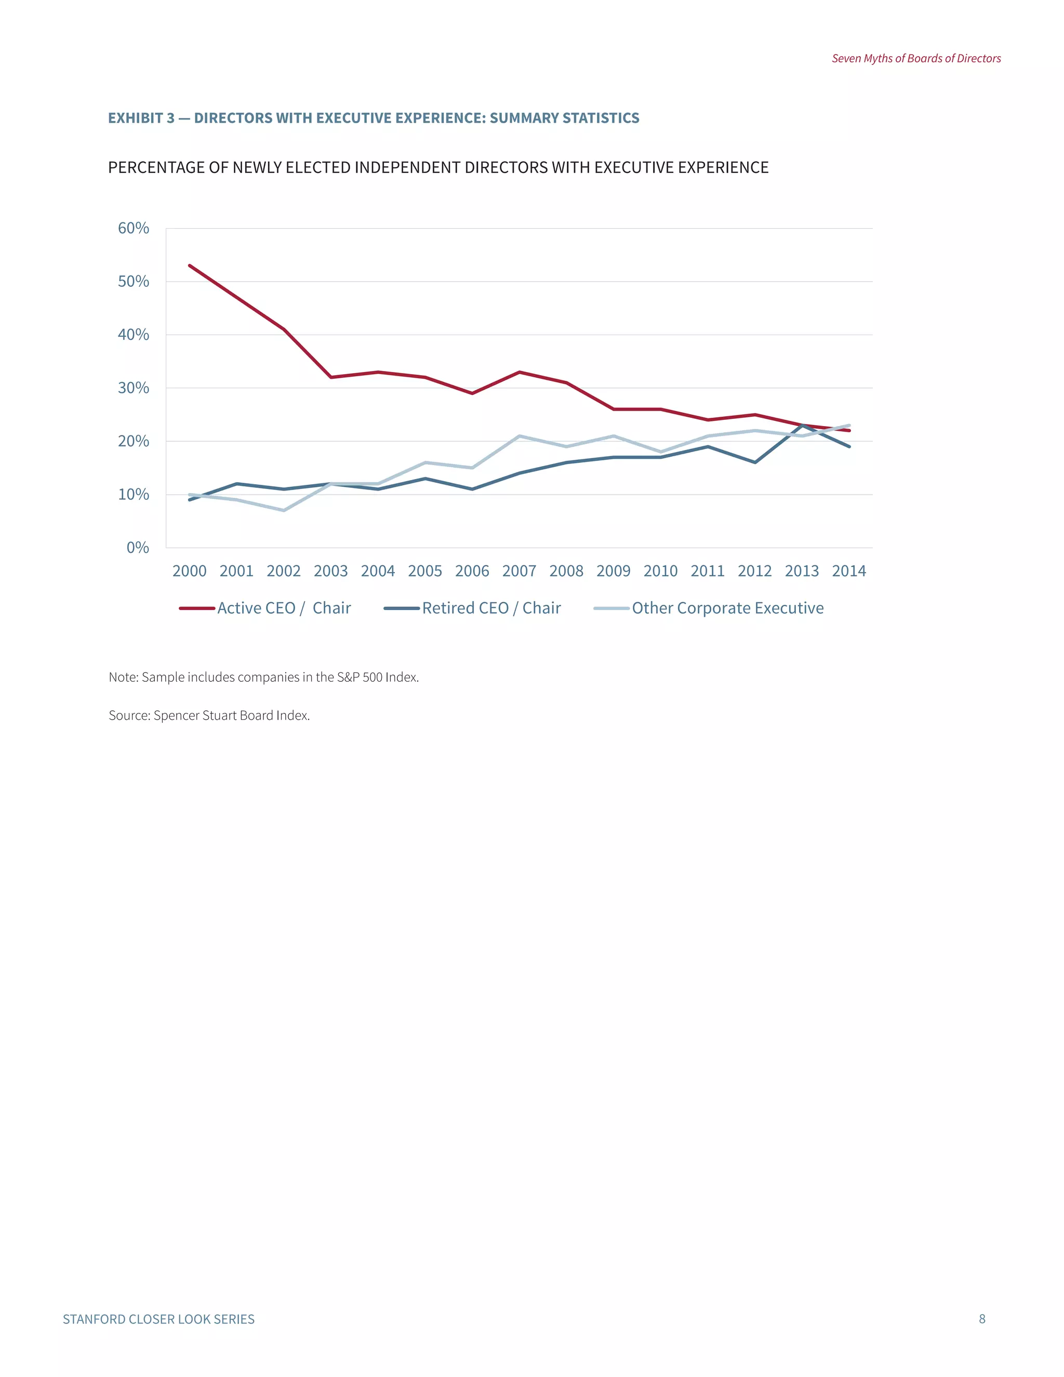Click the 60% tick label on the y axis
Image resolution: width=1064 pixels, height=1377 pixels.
pos(134,228)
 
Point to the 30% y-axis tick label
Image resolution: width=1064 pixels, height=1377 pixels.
pos(134,388)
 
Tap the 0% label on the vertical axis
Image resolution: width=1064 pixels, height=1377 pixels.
pos(138,547)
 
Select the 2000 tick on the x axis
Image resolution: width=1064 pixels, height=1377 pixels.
pos(190,571)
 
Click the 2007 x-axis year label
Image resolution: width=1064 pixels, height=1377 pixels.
pos(520,571)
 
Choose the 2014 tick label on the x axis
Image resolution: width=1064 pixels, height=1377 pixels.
pos(849,571)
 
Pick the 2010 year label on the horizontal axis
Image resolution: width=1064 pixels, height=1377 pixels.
pos(661,571)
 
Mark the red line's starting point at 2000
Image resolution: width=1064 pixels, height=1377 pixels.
pos(190,266)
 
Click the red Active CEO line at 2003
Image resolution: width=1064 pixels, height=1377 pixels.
pos(331,377)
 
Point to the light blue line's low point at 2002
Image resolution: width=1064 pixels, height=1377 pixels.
pos(284,510)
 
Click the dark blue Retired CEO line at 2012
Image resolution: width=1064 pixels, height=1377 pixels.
pos(755,462)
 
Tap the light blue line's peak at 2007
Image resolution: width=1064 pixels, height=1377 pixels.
pos(520,435)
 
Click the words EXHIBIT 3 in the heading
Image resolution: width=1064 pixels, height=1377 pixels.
pos(141,118)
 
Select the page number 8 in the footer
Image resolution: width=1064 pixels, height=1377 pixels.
pos(982,1319)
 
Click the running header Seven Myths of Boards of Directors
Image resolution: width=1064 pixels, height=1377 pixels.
pos(916,59)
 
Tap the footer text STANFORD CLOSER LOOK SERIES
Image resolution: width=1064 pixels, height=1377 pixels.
pos(159,1320)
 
